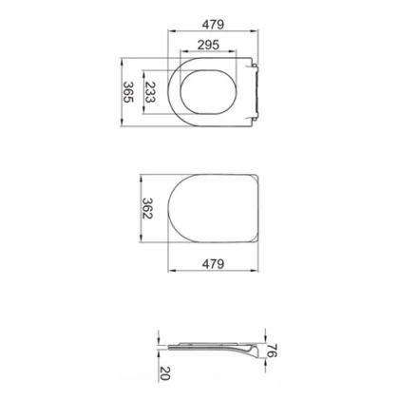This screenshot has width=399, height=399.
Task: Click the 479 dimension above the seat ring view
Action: coord(213,25)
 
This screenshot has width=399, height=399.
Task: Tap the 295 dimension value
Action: coord(208,45)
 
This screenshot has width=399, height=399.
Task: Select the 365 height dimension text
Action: coord(128,92)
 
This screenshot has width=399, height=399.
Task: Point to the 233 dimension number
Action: coord(150,92)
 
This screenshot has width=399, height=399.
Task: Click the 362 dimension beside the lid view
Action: coord(147,208)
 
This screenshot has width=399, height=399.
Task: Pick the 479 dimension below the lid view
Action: coord(213,263)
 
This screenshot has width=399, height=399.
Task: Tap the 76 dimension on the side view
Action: coord(272,351)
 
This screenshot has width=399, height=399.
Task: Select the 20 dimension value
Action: coord(165,373)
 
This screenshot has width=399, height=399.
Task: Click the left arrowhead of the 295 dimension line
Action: coord(183,50)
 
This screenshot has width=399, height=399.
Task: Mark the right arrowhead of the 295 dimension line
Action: coord(233,50)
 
